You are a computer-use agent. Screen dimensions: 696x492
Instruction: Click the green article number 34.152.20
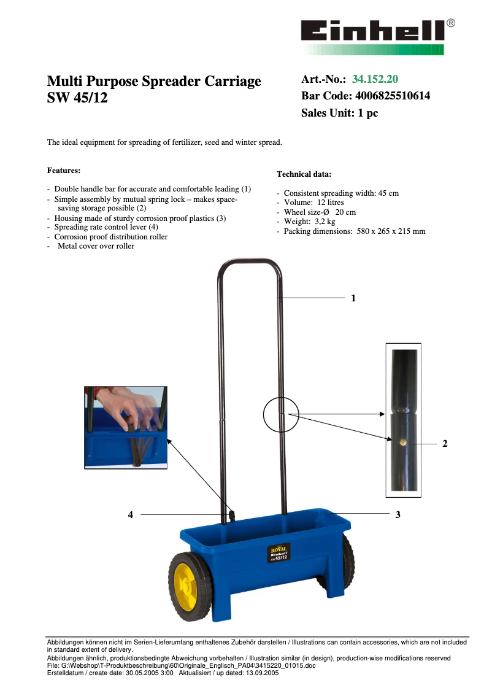pyautogui.click(x=375, y=79)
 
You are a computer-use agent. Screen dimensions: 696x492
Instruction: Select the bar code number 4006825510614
pyautogui.click(x=393, y=96)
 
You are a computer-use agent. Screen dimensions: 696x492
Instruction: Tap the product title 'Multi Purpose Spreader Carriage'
pyautogui.click(x=154, y=82)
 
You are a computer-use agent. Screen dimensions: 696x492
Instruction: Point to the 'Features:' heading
pyautogui.click(x=64, y=170)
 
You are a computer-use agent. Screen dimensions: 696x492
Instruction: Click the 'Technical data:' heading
pyautogui.click(x=304, y=174)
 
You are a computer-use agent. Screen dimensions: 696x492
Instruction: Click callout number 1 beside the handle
pyautogui.click(x=353, y=298)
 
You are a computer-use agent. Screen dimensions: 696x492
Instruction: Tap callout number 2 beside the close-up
pyautogui.click(x=445, y=443)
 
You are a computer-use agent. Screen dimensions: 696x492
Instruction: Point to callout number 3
pyautogui.click(x=398, y=515)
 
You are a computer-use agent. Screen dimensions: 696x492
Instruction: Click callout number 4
pyautogui.click(x=131, y=516)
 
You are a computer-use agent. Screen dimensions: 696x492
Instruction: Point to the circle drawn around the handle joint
pyautogui.click(x=280, y=415)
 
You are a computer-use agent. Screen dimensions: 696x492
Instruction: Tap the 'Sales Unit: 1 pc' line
pyautogui.click(x=339, y=113)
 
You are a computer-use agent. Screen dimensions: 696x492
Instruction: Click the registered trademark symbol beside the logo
pyautogui.click(x=451, y=23)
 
